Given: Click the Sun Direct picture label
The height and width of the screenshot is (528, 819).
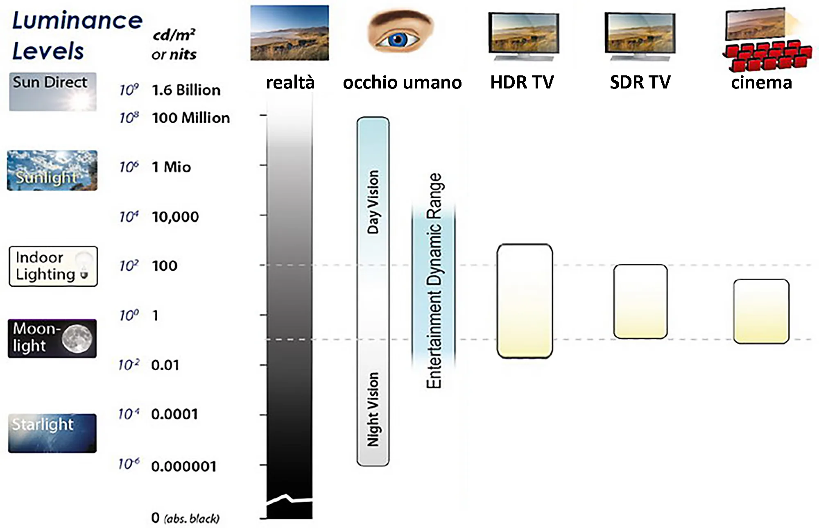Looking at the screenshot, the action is click(53, 92).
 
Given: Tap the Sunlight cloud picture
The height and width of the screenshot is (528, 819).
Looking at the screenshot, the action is click(52, 170).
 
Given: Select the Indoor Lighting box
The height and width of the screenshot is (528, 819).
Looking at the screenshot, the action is click(53, 266).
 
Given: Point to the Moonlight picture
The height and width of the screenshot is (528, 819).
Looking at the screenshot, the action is click(52, 338).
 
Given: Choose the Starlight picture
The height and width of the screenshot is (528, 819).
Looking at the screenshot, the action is click(52, 433).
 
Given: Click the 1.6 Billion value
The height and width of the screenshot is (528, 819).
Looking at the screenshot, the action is click(186, 90).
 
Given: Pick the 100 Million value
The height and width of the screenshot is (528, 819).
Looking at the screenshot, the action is click(191, 118).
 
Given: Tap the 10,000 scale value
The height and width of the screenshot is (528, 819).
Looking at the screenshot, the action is click(175, 217).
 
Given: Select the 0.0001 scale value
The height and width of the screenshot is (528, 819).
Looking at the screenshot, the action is click(174, 414).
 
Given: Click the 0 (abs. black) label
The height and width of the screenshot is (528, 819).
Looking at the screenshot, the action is click(186, 518).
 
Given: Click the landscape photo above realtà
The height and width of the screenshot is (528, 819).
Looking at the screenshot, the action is click(290, 33).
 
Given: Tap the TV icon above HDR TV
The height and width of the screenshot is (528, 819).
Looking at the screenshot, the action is click(524, 37).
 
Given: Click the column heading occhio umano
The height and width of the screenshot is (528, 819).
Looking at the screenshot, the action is click(403, 82).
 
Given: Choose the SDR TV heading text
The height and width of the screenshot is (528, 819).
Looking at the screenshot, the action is click(640, 82).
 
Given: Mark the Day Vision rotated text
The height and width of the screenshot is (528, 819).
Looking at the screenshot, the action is click(373, 202).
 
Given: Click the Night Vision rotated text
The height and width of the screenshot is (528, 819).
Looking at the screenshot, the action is click(373, 409).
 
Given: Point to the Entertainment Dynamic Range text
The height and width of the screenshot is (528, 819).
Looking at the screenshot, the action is click(434, 281).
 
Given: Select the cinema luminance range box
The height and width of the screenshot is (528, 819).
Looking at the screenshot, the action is click(761, 311).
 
